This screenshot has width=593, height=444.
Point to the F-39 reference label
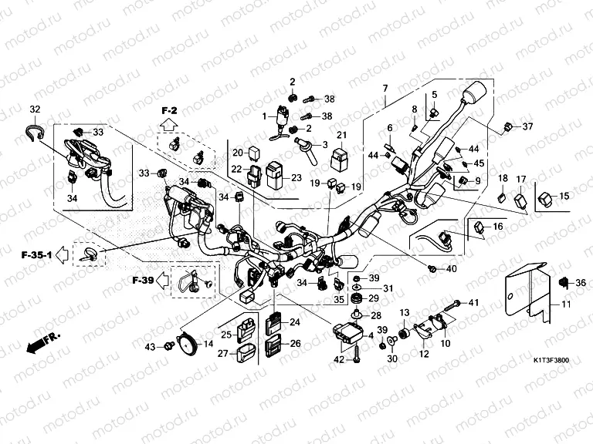click(x=143, y=279)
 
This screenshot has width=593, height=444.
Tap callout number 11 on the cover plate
click(x=565, y=306)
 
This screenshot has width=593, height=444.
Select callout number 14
click(x=208, y=343)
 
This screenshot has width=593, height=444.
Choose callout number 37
click(x=527, y=126)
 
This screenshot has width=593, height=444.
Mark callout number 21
click(x=341, y=137)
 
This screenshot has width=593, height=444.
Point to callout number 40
click(x=452, y=269)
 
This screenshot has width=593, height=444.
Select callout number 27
click(x=222, y=354)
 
